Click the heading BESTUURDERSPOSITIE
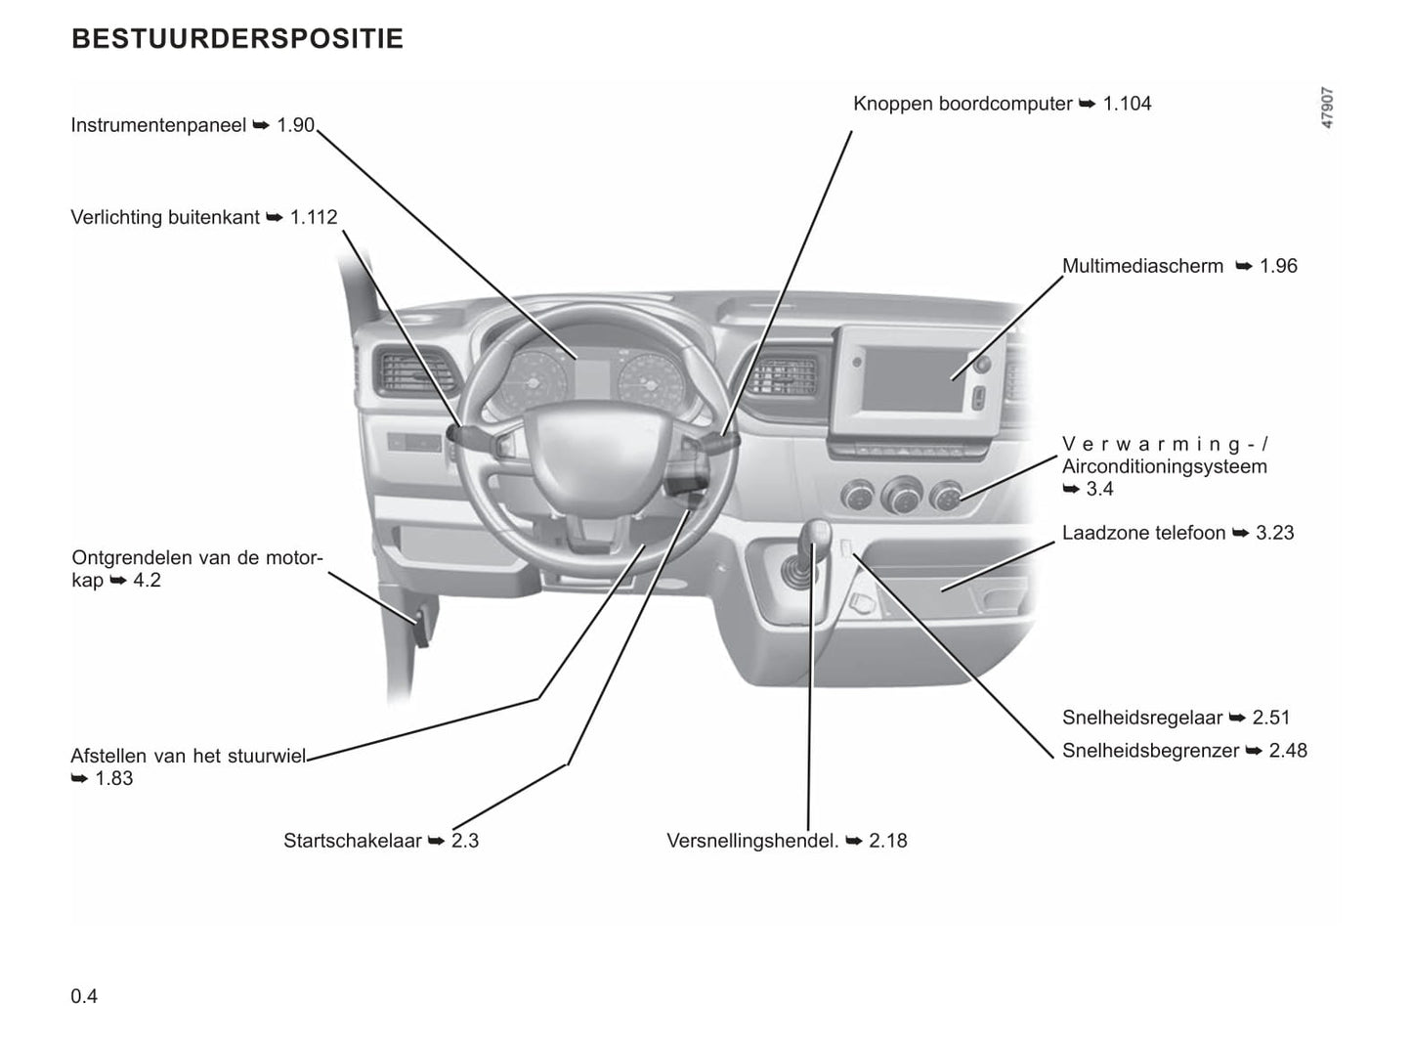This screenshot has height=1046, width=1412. tap(237, 39)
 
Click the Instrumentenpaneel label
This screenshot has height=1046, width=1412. tap(158, 126)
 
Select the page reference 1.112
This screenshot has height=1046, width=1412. tap(314, 218)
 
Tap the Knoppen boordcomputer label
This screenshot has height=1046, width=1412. tap(963, 105)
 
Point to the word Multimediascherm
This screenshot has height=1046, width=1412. tap(1142, 267)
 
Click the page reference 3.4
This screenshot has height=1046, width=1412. tap(1099, 489)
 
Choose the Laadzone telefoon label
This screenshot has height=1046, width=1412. tap(1143, 534)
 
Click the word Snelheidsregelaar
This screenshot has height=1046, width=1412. tap(1142, 719)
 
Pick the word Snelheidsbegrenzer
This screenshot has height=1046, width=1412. tap(1150, 752)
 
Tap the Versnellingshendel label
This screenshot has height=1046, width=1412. tap(752, 842)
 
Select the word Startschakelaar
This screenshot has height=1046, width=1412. tap(353, 842)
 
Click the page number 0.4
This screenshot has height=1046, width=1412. tap(84, 997)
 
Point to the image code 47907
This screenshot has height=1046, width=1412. tap(1327, 109)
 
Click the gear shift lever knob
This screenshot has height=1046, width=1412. tap(816, 535)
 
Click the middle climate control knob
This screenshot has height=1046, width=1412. tap(901, 495)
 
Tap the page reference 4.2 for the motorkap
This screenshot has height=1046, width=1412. tap(147, 582)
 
